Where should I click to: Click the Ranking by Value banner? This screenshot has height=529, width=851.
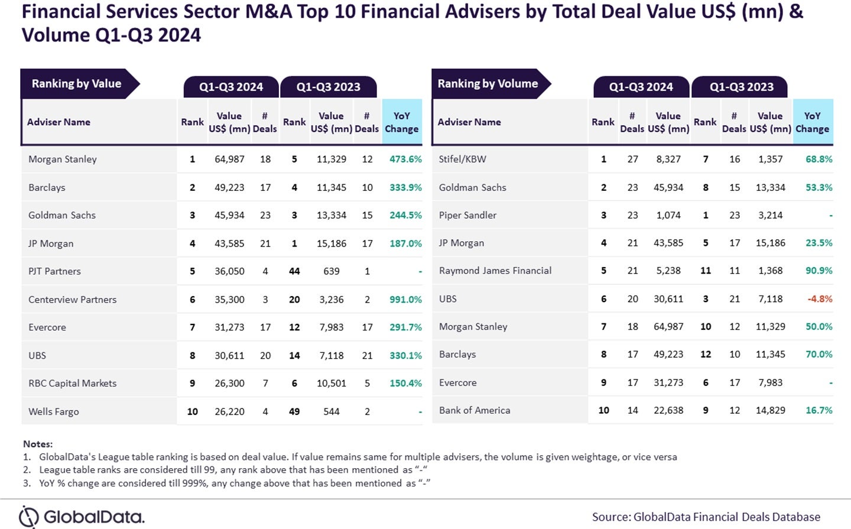[77, 84]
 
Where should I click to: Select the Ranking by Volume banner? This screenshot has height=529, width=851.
[488, 84]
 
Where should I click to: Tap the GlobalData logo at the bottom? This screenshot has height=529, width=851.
[82, 517]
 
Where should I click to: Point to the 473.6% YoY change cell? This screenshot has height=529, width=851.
[405, 160]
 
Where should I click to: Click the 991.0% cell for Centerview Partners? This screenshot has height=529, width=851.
[405, 300]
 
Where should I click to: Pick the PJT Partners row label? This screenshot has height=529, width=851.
[54, 271]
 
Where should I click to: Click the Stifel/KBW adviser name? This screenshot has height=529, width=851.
[462, 159]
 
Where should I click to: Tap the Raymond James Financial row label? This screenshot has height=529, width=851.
[495, 271]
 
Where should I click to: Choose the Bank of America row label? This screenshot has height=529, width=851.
[474, 410]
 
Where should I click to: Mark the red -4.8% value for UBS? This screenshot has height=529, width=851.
[820, 299]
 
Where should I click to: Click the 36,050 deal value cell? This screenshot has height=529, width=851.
[229, 271]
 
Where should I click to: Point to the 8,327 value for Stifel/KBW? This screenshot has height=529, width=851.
[668, 159]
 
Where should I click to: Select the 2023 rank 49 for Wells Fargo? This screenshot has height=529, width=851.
[294, 412]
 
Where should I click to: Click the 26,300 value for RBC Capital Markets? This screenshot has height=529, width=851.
[229, 384]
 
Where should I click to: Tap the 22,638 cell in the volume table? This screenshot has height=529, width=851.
[668, 410]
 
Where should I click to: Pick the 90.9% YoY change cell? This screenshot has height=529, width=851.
[818, 271]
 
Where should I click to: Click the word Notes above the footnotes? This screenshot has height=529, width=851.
[38, 444]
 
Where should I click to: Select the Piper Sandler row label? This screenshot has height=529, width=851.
[467, 215]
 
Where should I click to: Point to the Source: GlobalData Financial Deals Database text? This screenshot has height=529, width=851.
[706, 517]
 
